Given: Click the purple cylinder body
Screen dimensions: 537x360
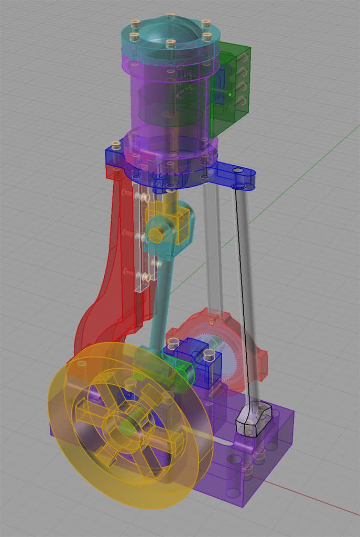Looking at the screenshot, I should (157, 100).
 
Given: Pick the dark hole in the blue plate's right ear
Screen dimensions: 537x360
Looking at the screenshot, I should (238, 171).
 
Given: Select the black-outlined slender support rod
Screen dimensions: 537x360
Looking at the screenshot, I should (246, 294).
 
